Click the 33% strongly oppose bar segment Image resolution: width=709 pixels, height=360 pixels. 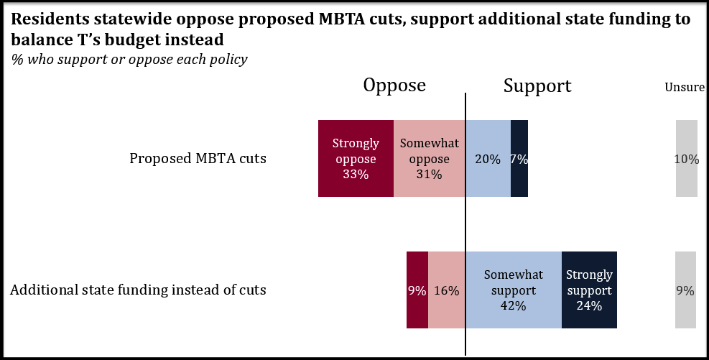tap(356, 158)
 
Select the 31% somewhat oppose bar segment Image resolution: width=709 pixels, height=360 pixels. tap(430, 158)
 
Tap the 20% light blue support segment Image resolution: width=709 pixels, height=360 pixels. tap(488, 159)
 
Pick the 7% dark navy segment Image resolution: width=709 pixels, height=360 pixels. tap(519, 159)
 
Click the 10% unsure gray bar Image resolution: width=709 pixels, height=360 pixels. tap(686, 159)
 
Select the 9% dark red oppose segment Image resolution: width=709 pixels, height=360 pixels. tap(417, 290)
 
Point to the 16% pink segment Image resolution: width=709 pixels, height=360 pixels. tap(447, 290)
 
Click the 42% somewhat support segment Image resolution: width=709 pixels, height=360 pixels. tap(513, 290)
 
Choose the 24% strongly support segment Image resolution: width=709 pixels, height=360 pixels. tap(589, 290)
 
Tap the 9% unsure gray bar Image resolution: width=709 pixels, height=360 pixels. tap(686, 290)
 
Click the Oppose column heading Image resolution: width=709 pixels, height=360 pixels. tap(394, 86)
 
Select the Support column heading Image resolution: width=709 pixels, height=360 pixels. tap(537, 86)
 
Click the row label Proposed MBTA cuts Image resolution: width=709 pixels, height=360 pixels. tap(198, 159)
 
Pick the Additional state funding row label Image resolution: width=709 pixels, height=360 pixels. tap(139, 290)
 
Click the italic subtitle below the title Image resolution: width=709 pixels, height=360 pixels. tap(129, 60)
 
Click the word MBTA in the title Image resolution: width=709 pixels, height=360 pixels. tap(343, 20)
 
